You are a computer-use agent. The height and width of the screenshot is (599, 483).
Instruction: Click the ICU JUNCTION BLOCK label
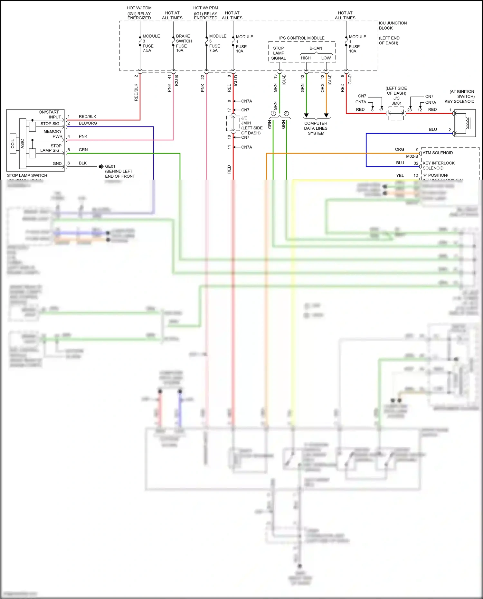(x=392, y=25)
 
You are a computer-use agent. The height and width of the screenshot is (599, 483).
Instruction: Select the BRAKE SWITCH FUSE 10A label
(x=184, y=43)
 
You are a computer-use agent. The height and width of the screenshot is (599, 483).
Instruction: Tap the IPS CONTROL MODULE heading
(x=301, y=38)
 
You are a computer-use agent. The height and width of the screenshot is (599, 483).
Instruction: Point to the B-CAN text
(x=316, y=48)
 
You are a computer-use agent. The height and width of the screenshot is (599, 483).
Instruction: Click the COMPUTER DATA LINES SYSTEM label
(x=316, y=128)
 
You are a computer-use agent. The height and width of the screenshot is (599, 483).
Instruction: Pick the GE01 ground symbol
(x=101, y=166)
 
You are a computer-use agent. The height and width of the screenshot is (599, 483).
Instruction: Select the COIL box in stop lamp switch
(x=13, y=144)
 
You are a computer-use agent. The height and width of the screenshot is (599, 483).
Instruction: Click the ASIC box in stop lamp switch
(x=23, y=144)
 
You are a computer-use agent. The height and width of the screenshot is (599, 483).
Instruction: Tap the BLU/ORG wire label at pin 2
(x=88, y=123)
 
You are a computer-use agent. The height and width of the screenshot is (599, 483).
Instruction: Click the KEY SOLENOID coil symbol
(x=465, y=123)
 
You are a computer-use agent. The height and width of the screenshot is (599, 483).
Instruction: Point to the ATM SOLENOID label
(x=437, y=153)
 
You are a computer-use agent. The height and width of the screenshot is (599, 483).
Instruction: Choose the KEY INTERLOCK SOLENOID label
(x=438, y=165)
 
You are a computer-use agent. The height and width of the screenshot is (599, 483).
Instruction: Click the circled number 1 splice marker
(x=273, y=113)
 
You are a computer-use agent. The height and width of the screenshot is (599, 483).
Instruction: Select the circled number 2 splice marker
(x=286, y=113)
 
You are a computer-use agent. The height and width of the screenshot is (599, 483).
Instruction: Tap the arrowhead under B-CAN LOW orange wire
(x=326, y=115)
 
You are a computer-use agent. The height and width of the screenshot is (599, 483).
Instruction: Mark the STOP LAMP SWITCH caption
(x=27, y=175)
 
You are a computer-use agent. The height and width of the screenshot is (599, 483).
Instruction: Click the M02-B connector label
(x=412, y=156)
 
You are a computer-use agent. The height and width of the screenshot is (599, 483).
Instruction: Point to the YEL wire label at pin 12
(x=400, y=175)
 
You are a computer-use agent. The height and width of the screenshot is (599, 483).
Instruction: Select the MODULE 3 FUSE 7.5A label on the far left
(x=151, y=43)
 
